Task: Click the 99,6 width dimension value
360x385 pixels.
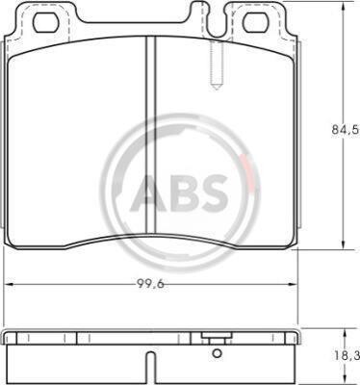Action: (150, 283)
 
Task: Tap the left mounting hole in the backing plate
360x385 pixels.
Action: (46, 23)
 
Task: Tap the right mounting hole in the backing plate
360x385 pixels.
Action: (256, 23)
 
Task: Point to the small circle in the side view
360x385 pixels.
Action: (218, 353)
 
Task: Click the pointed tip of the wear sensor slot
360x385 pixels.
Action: (217, 90)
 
